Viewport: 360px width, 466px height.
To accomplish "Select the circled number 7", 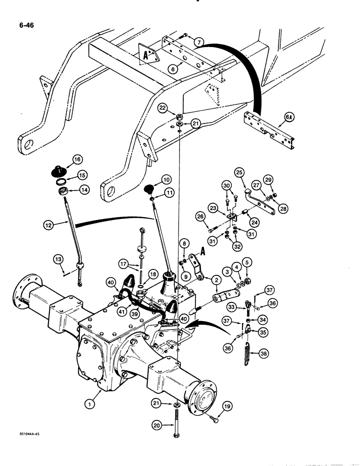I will pos(199,42).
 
